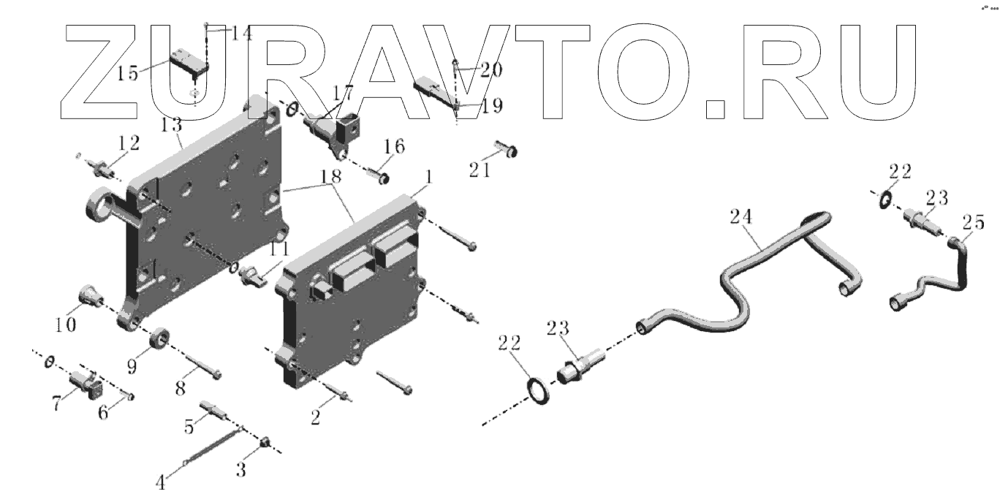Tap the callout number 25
[972, 221]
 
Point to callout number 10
[66, 324]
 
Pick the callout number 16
[394, 148]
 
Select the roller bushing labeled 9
[159, 341]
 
